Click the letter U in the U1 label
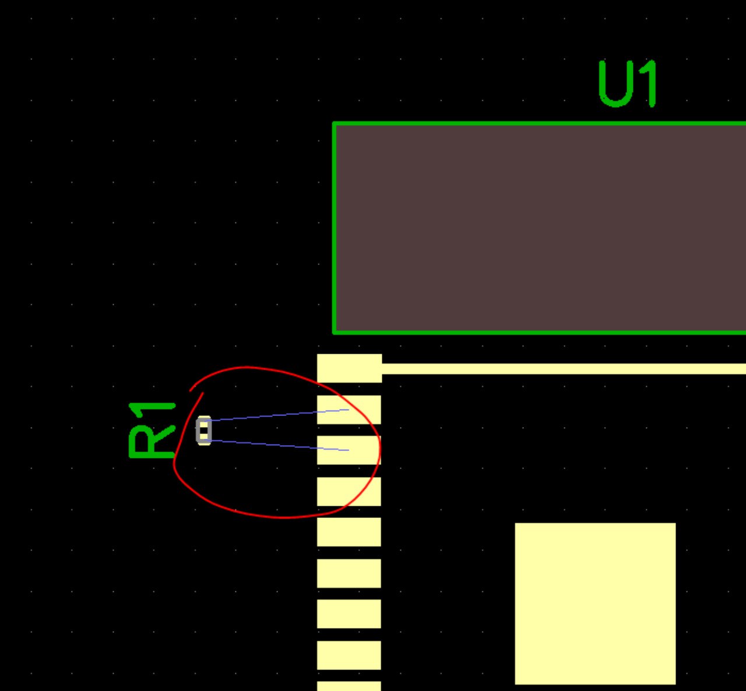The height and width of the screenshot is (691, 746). (617, 85)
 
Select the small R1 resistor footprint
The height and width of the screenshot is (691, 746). (203, 431)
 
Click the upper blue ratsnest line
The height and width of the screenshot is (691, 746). (274, 415)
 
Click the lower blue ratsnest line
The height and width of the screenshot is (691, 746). (274, 445)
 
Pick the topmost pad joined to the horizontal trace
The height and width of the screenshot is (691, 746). (349, 368)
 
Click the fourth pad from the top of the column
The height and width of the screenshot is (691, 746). (349, 491)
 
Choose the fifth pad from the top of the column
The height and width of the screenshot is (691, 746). (349, 532)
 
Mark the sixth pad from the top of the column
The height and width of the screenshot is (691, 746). (349, 573)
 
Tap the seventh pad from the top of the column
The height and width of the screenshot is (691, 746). (349, 614)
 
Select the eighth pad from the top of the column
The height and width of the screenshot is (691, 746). (349, 655)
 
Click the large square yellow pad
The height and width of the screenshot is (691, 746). (595, 603)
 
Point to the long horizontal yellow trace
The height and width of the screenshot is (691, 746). (559, 368)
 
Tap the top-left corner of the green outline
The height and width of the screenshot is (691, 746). (334, 124)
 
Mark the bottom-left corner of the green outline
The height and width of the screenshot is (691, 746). (334, 332)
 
